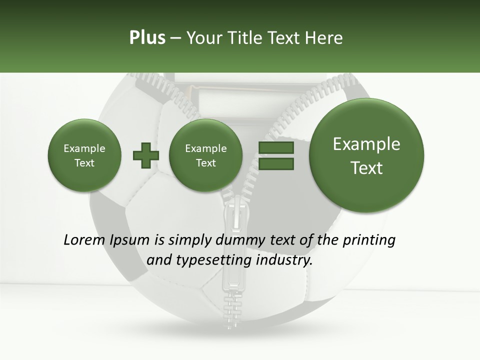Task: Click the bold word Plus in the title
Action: (x=147, y=38)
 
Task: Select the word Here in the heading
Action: (x=324, y=38)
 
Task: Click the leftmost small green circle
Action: (x=84, y=155)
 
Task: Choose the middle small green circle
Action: (x=205, y=155)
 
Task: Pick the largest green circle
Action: (x=366, y=155)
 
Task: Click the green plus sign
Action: (x=145, y=155)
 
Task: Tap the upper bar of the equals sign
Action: (x=275, y=147)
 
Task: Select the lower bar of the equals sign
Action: (x=275, y=163)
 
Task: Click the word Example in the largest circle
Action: (x=366, y=144)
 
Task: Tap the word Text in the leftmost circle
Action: (x=84, y=163)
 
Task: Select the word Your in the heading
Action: (x=203, y=38)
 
